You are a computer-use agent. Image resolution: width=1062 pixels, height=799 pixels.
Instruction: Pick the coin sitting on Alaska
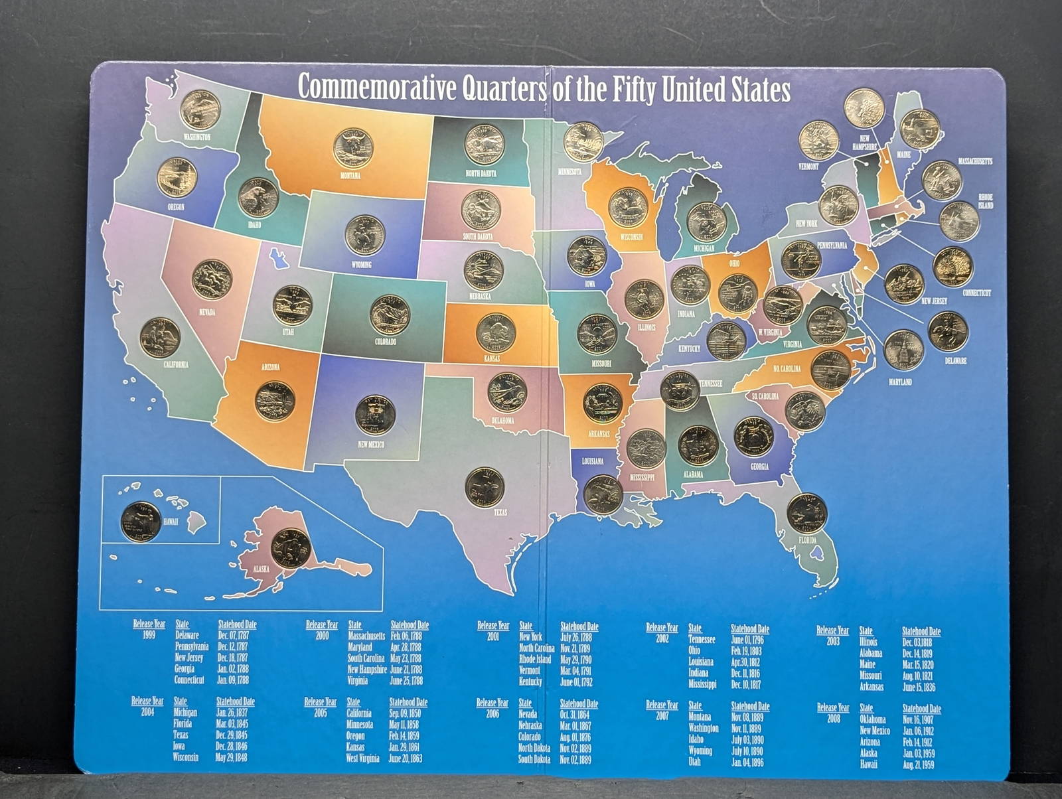click(290, 548)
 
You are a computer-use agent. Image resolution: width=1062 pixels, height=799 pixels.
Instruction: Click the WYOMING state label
click(362, 265)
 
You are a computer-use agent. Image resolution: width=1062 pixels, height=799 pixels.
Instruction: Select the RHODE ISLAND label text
click(986, 201)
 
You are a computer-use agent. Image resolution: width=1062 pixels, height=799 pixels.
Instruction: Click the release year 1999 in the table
click(149, 635)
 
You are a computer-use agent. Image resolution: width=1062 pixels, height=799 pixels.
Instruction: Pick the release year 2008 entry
click(832, 719)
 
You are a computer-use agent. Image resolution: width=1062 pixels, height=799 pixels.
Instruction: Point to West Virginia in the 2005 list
click(363, 758)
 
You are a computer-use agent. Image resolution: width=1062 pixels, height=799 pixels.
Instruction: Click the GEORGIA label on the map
click(759, 467)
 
